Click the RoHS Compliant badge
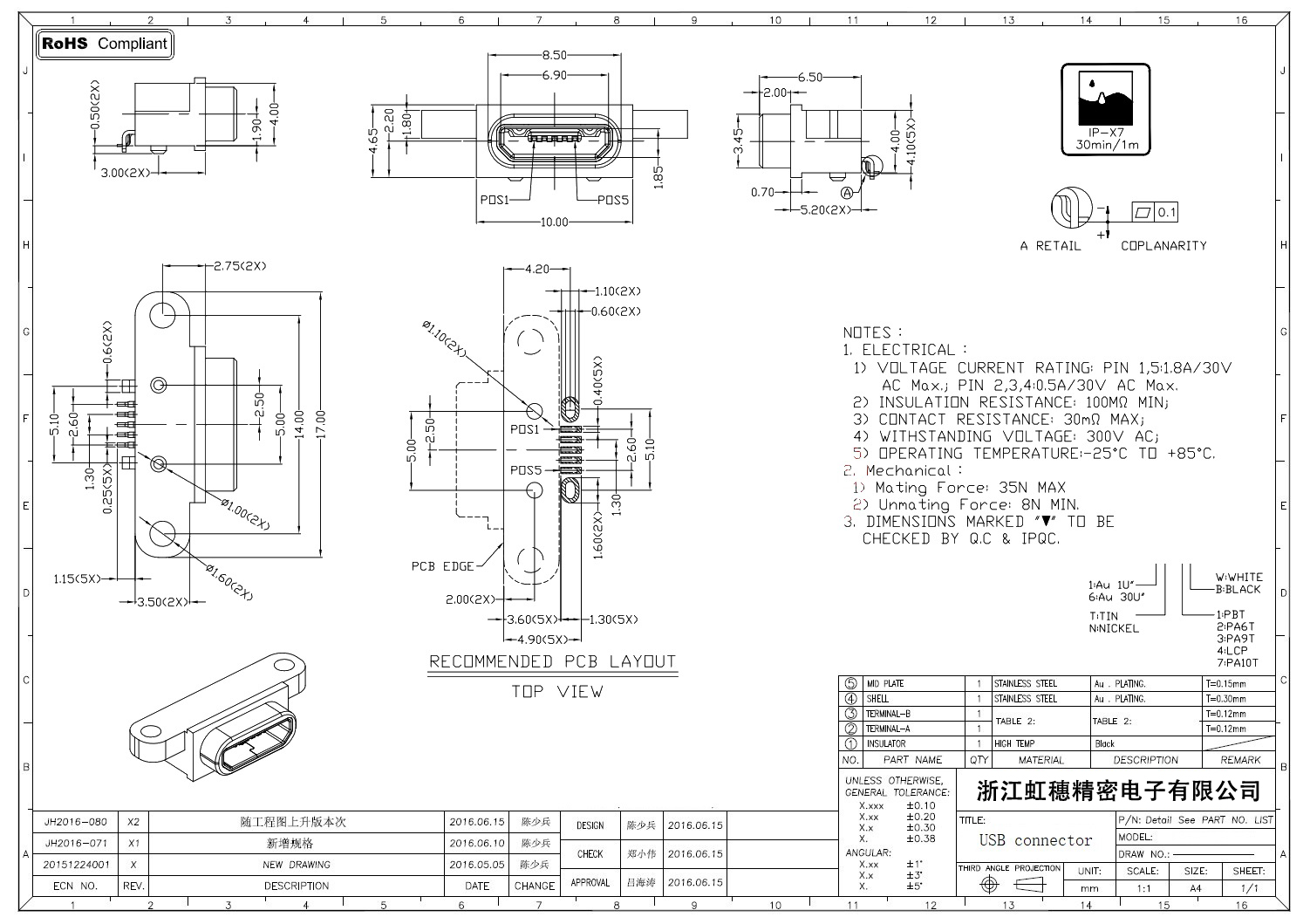[105, 44]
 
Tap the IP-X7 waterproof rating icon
[1107, 109]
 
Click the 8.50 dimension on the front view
[554, 55]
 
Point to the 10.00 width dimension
[554, 222]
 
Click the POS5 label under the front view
[612, 200]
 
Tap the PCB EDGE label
[442, 566]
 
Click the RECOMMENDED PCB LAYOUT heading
[552, 661]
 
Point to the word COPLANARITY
[1163, 246]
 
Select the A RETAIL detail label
[1050, 246]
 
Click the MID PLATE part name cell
[885, 684]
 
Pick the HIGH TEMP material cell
[1014, 744]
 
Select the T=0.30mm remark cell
[1226, 699]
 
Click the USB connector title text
[1035, 840]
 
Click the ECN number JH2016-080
[76, 822]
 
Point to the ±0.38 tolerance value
[920, 838]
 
